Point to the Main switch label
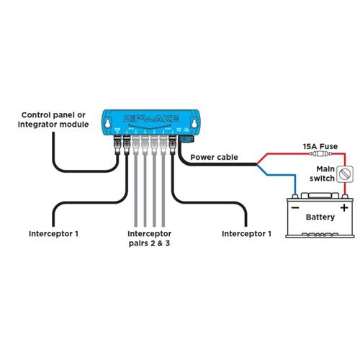321,173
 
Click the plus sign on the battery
344,207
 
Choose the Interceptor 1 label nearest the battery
247,234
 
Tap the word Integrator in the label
45,125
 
